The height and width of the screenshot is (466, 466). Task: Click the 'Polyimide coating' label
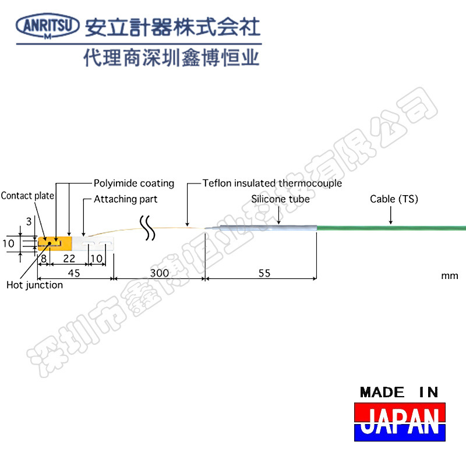(134, 183)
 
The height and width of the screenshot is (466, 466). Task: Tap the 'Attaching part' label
(125, 199)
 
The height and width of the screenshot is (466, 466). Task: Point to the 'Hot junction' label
(34, 285)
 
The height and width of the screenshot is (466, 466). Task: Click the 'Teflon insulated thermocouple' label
(272, 183)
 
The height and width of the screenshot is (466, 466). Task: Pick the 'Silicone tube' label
(280, 199)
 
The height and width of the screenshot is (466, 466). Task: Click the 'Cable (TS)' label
(394, 199)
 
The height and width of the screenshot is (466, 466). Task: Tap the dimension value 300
(159, 273)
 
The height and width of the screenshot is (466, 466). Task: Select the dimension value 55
(264, 273)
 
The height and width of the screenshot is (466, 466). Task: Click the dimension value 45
(74, 273)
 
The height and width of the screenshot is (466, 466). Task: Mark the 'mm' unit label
(449, 276)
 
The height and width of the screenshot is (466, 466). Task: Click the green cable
(390, 228)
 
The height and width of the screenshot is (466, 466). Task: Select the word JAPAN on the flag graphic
(399, 421)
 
